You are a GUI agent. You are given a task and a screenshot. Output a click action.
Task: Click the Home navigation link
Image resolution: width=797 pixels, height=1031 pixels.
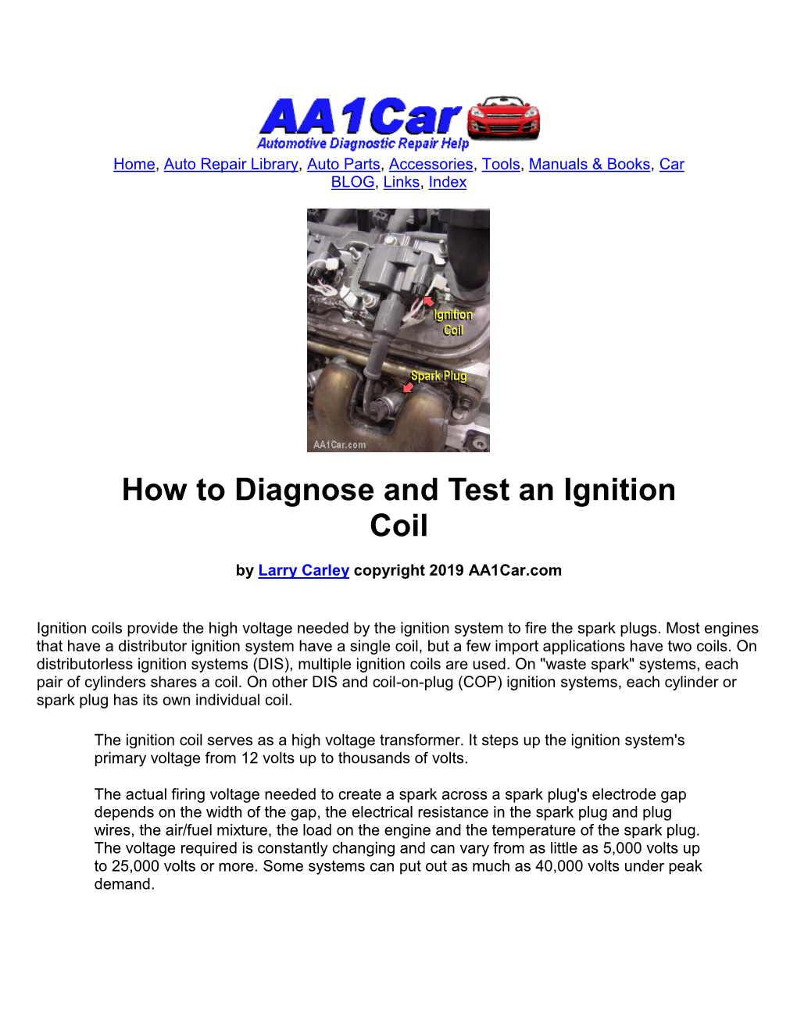[x=134, y=164]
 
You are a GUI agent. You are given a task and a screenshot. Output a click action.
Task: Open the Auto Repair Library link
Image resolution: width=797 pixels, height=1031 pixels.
[x=231, y=164]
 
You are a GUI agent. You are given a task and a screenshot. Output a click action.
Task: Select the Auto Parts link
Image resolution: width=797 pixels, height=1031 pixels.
[x=344, y=164]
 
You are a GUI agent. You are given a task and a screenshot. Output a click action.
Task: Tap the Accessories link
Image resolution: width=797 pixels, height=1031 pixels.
[x=431, y=164]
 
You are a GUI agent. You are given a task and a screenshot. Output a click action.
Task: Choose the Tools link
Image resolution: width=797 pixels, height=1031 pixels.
[x=501, y=164]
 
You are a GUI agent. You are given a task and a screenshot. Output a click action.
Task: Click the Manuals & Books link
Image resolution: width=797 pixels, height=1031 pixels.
[x=590, y=164]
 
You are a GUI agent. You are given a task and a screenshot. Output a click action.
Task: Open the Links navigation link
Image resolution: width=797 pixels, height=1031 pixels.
[x=402, y=182]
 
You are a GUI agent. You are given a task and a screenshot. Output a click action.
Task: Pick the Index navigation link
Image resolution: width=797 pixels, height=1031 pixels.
[x=448, y=182]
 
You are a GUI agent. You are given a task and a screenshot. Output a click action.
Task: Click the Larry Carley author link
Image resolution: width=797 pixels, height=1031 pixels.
[x=304, y=570]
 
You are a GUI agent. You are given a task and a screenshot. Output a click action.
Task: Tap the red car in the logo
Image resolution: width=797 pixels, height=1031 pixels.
[x=504, y=118]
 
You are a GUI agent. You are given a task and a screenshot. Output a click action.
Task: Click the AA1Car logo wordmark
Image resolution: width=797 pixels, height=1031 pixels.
[x=361, y=116]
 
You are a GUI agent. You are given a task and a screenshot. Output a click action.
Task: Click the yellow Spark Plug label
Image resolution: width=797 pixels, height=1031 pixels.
[x=438, y=376]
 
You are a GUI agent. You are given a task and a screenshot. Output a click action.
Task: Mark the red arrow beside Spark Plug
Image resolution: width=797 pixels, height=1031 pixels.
[x=408, y=387]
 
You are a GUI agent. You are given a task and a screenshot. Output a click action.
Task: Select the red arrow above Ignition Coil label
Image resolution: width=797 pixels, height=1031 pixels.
[x=429, y=301]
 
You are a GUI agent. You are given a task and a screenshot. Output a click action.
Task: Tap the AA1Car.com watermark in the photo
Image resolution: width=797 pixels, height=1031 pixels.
[x=339, y=444]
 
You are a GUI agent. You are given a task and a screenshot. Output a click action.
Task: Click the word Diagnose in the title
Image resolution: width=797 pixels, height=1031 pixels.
[x=304, y=490]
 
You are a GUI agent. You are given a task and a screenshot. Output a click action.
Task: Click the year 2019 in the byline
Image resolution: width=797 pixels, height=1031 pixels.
[x=446, y=570]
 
